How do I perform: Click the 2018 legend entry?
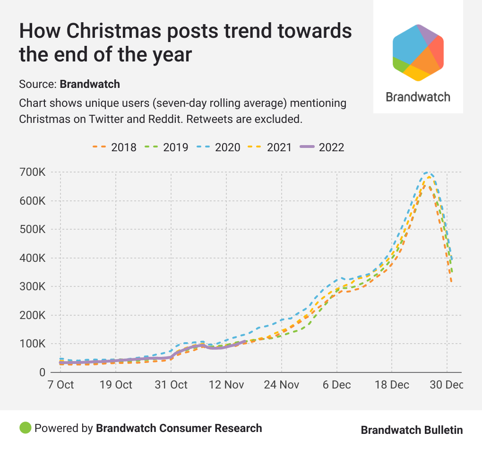click(x=114, y=147)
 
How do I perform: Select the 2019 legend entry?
click(x=166, y=147)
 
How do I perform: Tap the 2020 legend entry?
click(x=218, y=147)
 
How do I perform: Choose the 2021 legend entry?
click(x=270, y=147)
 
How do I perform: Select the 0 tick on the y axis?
click(x=42, y=372)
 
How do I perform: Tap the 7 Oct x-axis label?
click(x=60, y=385)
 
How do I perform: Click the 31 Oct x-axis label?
click(x=171, y=385)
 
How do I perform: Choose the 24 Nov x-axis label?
click(x=282, y=385)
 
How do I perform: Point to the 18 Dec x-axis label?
click(x=392, y=385)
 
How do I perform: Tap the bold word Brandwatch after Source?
click(x=90, y=85)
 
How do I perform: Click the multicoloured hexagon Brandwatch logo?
click(x=418, y=52)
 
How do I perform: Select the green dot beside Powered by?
click(x=25, y=428)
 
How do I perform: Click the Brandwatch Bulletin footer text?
click(x=412, y=430)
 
